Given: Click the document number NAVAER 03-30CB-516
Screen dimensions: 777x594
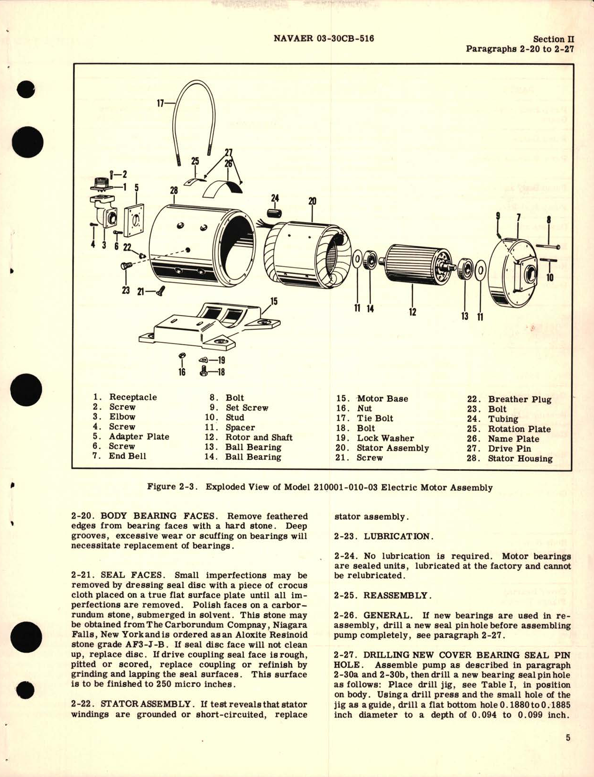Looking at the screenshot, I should click(x=324, y=38).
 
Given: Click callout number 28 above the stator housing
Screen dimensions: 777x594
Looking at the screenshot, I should click(x=174, y=190).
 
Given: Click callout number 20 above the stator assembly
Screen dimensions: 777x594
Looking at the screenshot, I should click(x=312, y=201).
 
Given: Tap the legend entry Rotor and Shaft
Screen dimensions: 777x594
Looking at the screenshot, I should click(x=259, y=437).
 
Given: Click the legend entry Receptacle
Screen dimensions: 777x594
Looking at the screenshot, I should click(x=133, y=397).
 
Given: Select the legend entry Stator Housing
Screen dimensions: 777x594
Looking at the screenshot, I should click(x=520, y=459).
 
